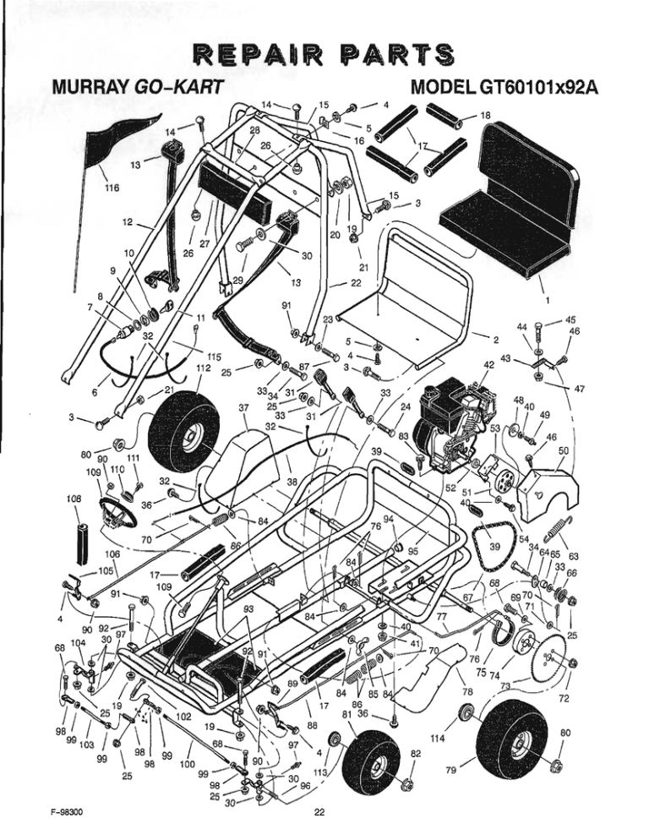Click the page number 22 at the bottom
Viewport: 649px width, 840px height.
coord(319,814)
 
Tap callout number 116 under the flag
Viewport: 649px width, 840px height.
coord(112,188)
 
